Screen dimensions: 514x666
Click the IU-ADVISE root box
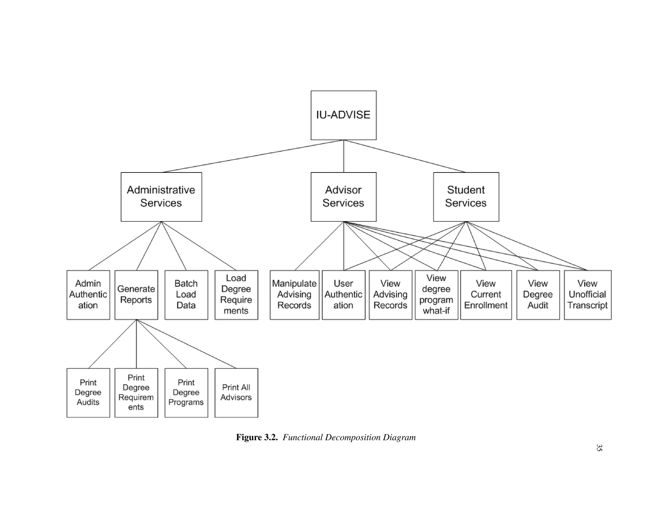(x=343, y=115)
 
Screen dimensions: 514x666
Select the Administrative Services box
(x=161, y=197)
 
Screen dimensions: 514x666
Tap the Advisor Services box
(x=343, y=197)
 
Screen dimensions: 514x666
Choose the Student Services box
(x=466, y=197)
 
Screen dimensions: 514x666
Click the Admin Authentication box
(x=88, y=295)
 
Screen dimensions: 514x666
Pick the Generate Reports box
(x=136, y=295)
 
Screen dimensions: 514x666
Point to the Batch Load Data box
(x=186, y=295)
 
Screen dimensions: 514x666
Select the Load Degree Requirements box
(x=236, y=295)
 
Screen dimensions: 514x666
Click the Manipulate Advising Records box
(x=294, y=295)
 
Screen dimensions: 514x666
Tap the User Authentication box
(x=343, y=295)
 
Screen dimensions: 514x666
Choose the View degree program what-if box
(x=436, y=295)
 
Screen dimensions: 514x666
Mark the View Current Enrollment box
(x=486, y=295)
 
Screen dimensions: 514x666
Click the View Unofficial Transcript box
(x=587, y=295)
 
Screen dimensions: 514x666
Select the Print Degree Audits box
(x=88, y=392)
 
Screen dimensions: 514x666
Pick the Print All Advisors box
(x=236, y=392)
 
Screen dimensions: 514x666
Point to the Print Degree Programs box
(x=186, y=392)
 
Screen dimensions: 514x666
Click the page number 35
(x=599, y=448)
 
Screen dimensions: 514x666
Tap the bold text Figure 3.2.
(x=257, y=437)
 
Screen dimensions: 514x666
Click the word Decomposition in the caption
(x=353, y=437)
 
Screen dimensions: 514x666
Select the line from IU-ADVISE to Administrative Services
(x=252, y=156)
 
